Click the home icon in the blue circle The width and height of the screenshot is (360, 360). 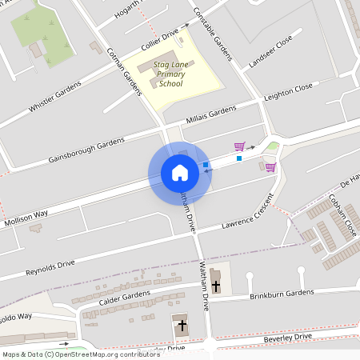[179, 172]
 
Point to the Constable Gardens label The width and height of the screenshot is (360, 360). [213, 34]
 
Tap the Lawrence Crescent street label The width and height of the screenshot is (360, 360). [248, 211]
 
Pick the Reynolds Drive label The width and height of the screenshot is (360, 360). [49, 263]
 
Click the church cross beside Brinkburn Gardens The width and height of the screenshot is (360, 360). [216, 284]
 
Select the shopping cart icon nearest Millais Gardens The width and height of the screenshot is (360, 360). [238, 146]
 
